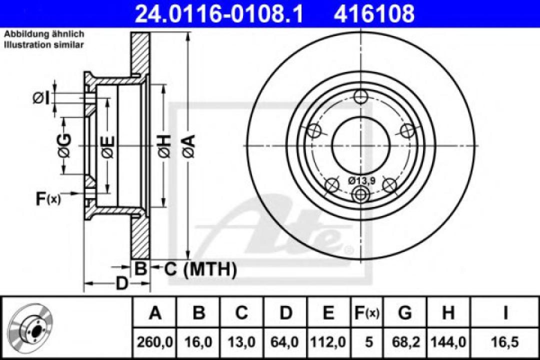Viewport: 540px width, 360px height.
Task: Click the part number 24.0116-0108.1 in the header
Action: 219,13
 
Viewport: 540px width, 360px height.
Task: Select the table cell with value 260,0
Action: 155,342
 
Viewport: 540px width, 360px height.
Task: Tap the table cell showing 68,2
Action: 405,342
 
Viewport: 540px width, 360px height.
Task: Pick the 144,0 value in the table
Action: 448,342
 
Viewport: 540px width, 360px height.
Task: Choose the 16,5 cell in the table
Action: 505,342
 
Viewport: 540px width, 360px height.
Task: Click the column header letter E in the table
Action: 328,313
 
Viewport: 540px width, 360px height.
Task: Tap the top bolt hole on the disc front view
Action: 360,97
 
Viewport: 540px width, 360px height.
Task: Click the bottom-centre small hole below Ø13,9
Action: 360,193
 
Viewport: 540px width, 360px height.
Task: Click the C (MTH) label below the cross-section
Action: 200,270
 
